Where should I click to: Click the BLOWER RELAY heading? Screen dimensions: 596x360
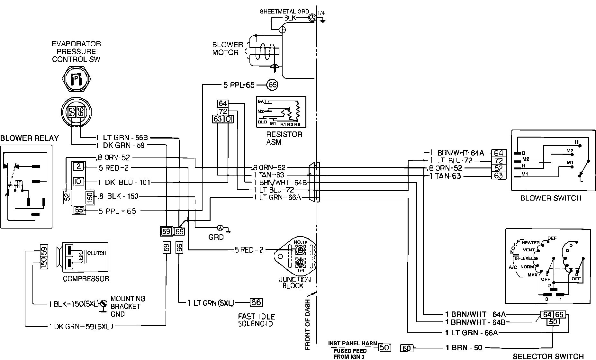pos(29,138)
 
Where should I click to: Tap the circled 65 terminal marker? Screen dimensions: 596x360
pos(273,85)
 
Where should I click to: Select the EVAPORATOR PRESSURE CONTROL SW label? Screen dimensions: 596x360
pos(76,51)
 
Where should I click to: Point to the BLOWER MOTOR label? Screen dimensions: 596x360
pos(228,49)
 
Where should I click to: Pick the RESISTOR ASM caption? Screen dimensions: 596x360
pos(284,138)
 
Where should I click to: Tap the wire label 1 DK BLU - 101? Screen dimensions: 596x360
pos(124,183)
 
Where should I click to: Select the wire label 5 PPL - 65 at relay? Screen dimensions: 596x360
pos(117,211)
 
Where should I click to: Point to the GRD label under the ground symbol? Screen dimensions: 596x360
pos(216,237)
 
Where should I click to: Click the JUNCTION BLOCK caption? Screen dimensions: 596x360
pos(295,283)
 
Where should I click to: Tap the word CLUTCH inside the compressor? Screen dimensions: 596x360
pos(97,253)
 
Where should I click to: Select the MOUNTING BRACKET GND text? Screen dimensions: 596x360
pos(128,306)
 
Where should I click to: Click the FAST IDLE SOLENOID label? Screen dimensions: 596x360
pos(257,320)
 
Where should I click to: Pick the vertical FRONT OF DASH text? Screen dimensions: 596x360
pos(307,324)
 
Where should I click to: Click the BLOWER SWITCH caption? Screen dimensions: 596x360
pos(551,198)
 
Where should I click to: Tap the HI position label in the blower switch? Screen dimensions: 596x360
pos(577,142)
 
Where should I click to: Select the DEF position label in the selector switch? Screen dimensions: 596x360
pos(552,238)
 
